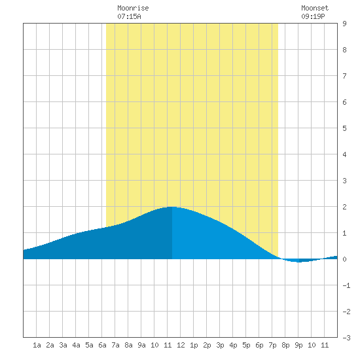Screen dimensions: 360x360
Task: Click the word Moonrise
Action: click(x=133, y=8)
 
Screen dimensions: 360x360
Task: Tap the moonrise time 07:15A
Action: click(x=129, y=16)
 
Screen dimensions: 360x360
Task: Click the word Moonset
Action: click(x=315, y=8)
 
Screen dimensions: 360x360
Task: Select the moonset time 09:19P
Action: click(x=313, y=16)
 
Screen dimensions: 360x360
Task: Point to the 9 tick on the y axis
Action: click(x=344, y=24)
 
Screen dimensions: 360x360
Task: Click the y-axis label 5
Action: click(x=344, y=128)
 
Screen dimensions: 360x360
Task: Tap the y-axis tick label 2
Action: click(x=344, y=207)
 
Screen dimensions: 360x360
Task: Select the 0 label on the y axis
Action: click(x=344, y=259)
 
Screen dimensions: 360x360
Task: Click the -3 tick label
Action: click(x=346, y=338)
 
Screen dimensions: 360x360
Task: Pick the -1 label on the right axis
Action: click(x=346, y=285)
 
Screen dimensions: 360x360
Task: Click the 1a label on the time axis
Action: click(x=37, y=345)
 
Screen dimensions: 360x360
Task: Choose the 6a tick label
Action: click(x=102, y=345)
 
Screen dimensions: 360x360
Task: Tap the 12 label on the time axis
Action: click(x=181, y=345)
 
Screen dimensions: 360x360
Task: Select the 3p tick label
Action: click(x=220, y=345)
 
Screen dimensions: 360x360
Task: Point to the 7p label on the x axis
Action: click(x=272, y=345)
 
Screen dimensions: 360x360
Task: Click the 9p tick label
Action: click(x=298, y=345)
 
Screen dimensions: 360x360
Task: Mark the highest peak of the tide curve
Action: click(x=171, y=207)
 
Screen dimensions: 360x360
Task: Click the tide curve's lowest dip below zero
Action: click(x=298, y=262)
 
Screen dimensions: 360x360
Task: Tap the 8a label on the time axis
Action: click(x=128, y=345)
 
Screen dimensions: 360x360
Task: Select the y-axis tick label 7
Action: click(x=344, y=76)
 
